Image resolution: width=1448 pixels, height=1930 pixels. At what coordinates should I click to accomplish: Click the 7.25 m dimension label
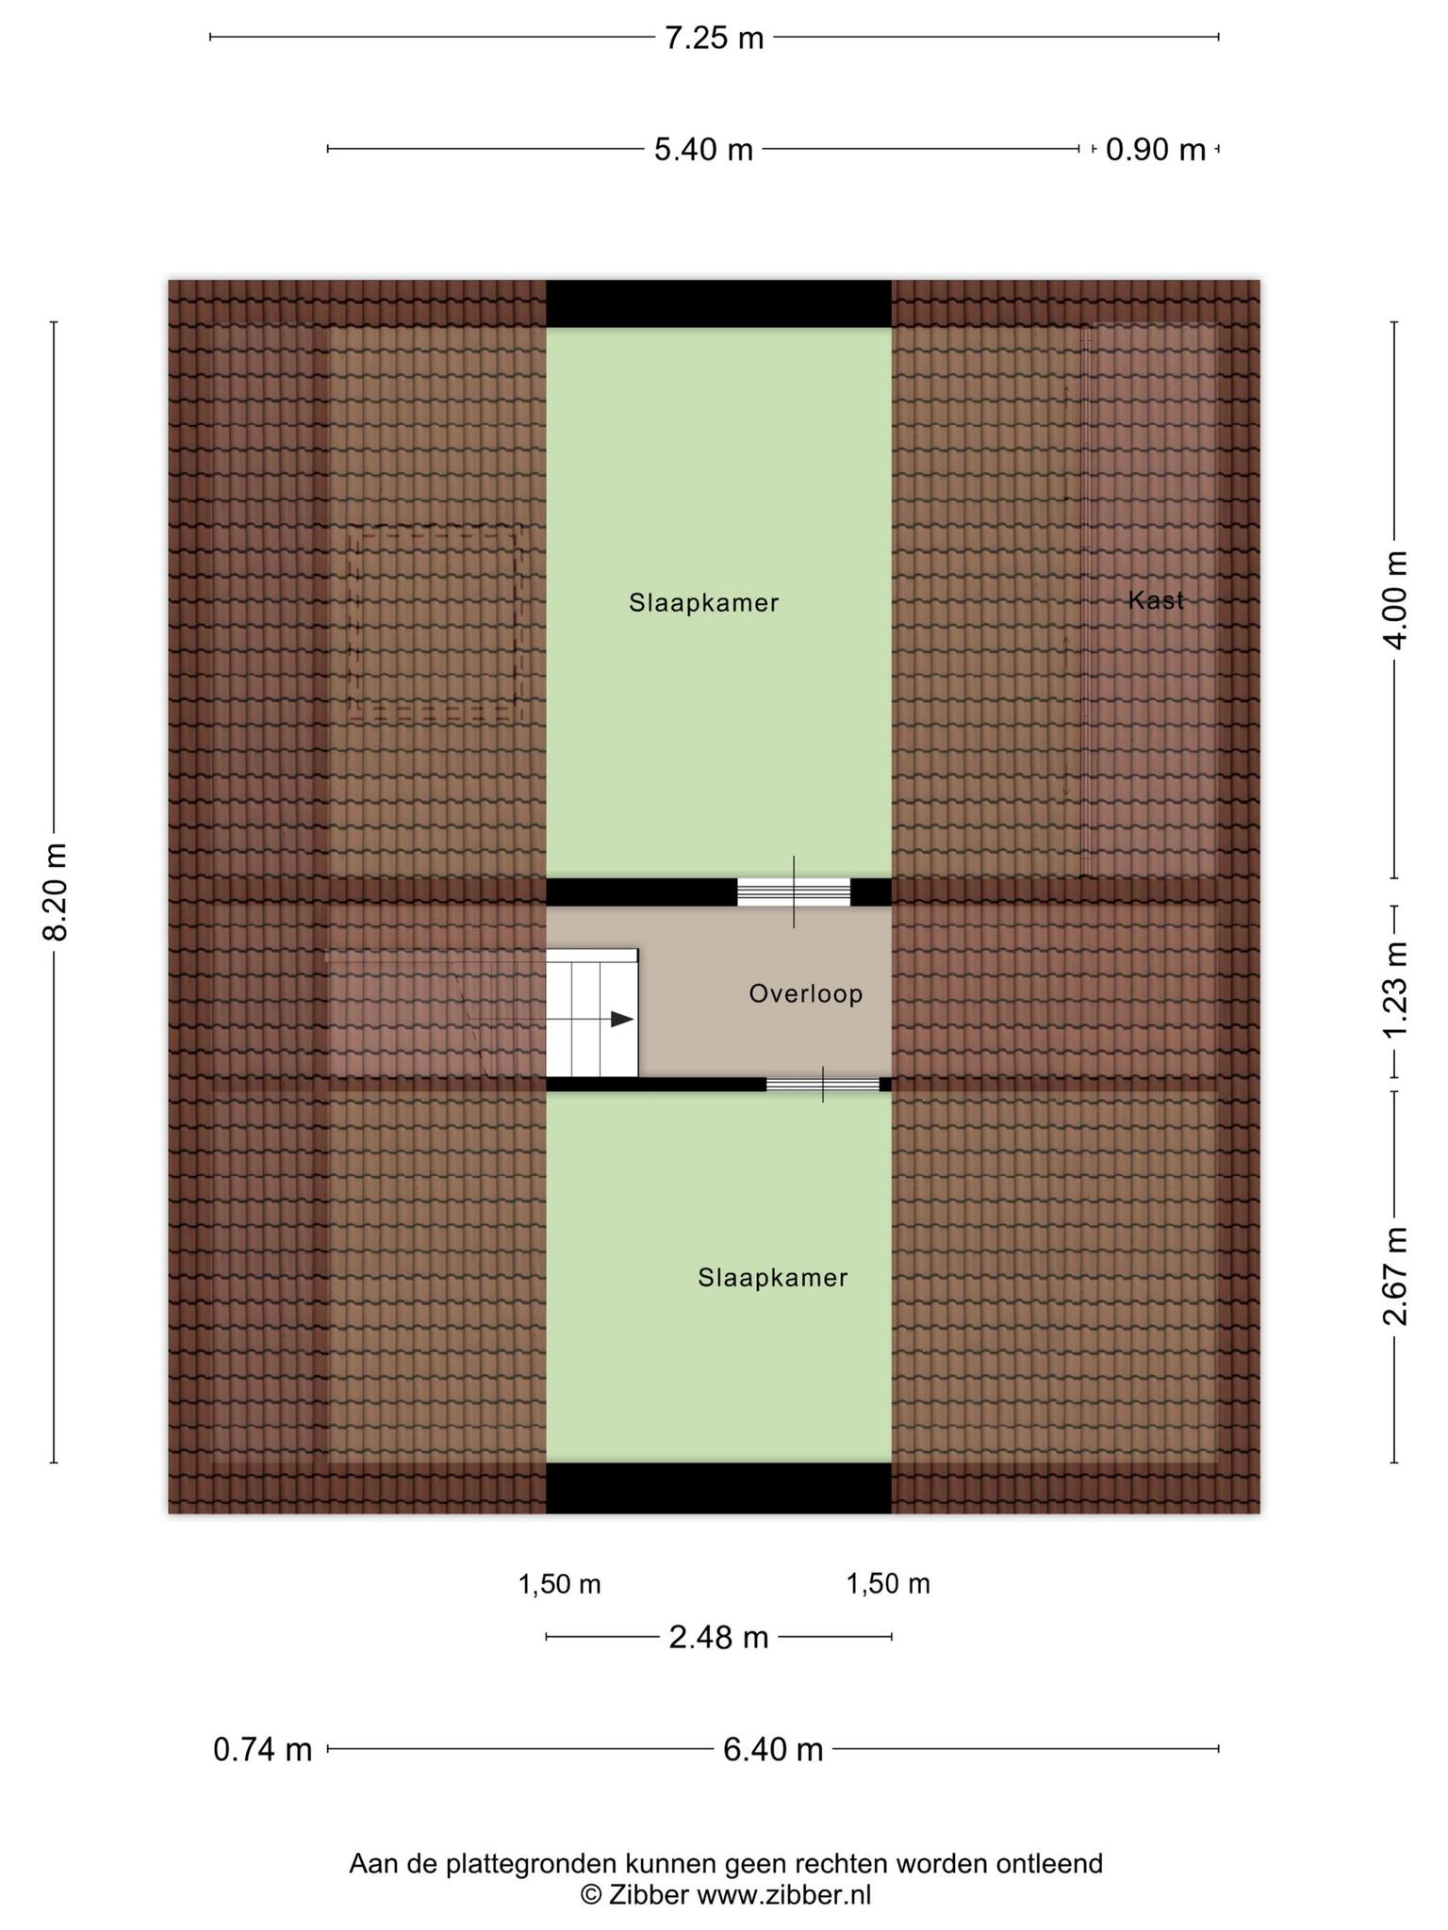[714, 39]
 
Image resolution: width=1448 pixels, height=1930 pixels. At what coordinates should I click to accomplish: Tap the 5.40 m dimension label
[704, 150]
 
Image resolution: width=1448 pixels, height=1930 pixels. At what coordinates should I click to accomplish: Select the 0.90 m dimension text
[1156, 150]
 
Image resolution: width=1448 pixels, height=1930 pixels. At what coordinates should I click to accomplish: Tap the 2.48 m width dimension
[718, 1638]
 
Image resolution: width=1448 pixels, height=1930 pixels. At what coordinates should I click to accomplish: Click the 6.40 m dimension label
[773, 1750]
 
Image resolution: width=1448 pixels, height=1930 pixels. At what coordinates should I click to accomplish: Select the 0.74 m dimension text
[262, 1750]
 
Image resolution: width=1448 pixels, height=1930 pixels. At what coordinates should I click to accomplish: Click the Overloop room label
[806, 994]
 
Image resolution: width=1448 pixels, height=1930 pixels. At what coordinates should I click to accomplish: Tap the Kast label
[1156, 600]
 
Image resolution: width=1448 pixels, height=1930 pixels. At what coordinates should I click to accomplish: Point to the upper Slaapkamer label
[704, 603]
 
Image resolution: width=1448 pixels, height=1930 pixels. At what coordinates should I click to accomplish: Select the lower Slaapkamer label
[773, 1278]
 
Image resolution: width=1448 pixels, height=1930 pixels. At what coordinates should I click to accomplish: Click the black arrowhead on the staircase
[622, 1019]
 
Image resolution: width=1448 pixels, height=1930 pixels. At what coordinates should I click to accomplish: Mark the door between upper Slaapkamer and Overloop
[794, 891]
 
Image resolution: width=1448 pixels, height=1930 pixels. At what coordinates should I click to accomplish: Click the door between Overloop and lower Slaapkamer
[823, 1085]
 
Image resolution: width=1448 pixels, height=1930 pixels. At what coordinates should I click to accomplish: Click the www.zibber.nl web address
[783, 1894]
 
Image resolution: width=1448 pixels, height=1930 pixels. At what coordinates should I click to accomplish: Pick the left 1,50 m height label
[559, 1585]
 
